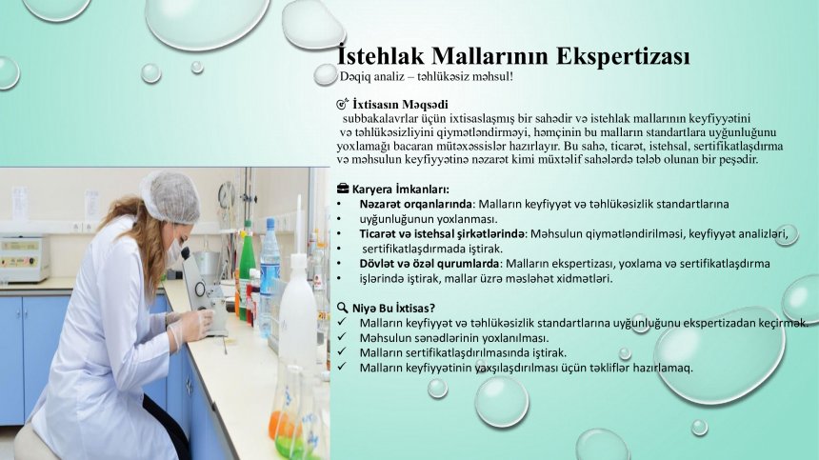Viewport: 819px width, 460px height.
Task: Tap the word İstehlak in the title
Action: [x=381, y=54]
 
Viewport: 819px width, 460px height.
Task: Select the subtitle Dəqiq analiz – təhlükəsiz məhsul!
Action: [x=427, y=77]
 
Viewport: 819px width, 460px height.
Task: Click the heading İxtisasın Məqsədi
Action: [x=400, y=105]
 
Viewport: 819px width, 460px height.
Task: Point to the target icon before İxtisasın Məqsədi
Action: [x=343, y=105]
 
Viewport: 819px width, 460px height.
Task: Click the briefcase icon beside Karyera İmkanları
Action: [x=343, y=189]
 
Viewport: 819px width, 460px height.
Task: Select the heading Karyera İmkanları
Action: [x=400, y=189]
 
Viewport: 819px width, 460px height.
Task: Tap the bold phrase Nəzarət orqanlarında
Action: [x=415, y=204]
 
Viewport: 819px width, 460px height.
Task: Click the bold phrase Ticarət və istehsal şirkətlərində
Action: [x=441, y=234]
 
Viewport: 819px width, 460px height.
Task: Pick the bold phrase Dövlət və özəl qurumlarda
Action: [x=429, y=263]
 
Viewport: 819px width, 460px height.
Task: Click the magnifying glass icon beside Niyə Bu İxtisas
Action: [x=343, y=308]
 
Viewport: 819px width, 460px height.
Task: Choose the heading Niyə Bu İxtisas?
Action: [x=393, y=308]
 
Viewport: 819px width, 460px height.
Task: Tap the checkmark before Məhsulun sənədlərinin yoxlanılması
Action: [x=342, y=337]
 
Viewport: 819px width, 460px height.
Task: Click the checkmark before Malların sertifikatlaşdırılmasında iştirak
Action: [x=342, y=351]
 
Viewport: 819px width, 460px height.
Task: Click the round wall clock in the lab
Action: [x=227, y=196]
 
